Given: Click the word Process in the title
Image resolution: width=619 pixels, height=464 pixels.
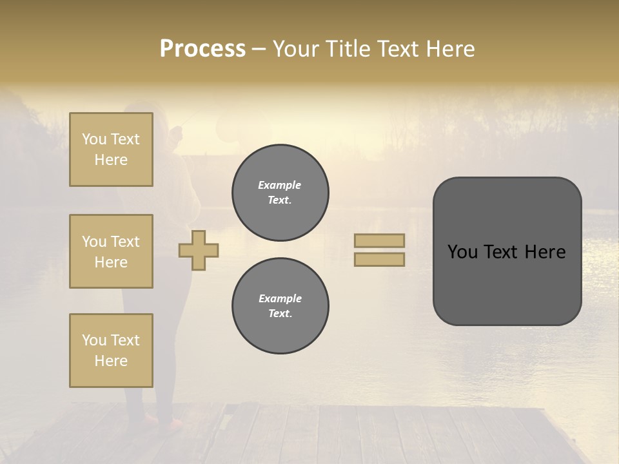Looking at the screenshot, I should point(202,49).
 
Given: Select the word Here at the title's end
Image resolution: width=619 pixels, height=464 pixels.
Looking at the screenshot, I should point(449,49).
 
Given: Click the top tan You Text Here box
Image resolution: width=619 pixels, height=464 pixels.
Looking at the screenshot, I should point(111,150).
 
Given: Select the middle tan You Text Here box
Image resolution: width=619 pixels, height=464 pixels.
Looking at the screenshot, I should point(111,251).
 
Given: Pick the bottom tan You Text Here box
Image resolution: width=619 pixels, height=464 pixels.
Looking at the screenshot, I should point(111,351).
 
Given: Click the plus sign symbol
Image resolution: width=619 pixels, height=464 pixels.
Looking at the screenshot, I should point(199,250).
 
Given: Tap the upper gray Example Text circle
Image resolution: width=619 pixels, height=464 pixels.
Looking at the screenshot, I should point(280,193).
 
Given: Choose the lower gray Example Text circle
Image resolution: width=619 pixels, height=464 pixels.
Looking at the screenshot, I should point(280,306).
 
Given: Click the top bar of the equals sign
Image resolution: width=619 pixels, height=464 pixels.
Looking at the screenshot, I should point(379,240).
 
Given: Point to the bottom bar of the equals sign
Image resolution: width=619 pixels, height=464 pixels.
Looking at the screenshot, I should point(379,259).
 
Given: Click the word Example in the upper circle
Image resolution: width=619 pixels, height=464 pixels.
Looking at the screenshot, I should point(280,186).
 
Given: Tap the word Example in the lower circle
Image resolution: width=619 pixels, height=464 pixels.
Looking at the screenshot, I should point(280,299).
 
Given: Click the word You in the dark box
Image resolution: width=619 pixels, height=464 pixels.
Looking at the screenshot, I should point(462,252).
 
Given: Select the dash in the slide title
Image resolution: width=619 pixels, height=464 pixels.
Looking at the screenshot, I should point(259,50).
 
